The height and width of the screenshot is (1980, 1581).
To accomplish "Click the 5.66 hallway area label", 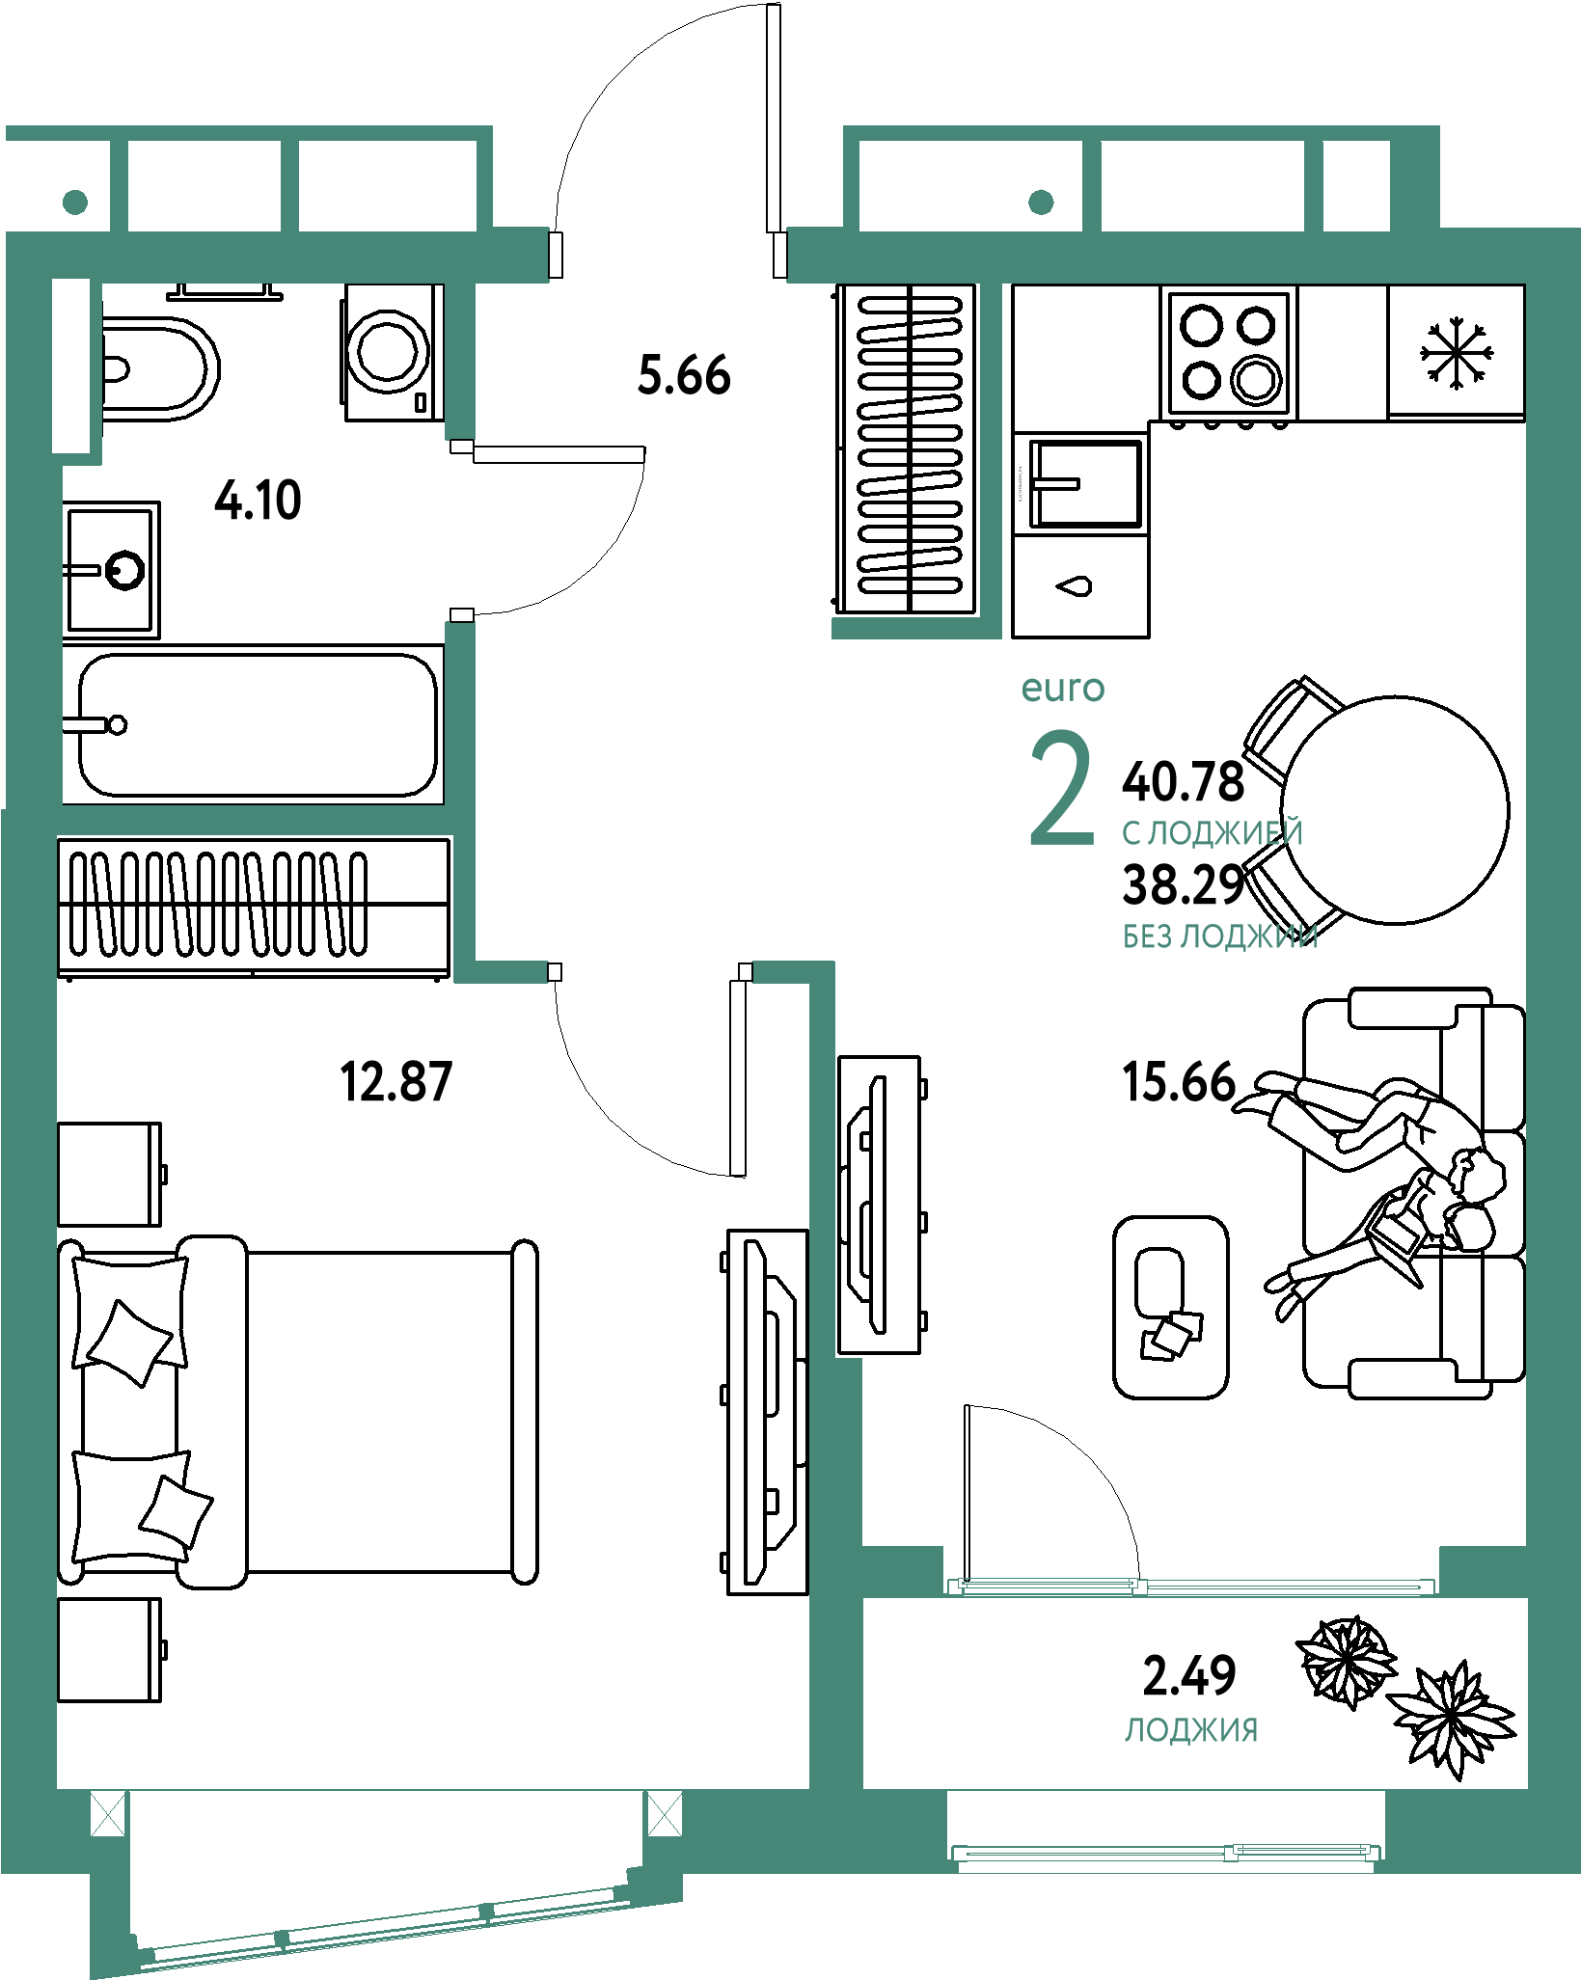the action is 684,375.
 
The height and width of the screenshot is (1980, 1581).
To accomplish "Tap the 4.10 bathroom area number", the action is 258,501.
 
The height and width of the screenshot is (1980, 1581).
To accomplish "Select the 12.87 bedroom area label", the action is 396,1081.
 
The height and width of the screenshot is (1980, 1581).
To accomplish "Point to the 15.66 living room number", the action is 1179,1081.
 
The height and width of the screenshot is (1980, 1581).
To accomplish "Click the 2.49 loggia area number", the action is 1189,1675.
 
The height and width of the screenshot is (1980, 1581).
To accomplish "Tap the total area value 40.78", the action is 1184,781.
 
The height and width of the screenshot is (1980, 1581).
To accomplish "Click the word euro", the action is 1063,689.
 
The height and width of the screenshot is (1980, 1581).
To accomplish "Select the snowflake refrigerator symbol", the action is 1457,354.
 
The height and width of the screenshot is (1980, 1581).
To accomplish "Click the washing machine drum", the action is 388,348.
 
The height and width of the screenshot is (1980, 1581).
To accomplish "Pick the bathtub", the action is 254,724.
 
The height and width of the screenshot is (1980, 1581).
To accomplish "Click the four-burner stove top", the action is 1230,352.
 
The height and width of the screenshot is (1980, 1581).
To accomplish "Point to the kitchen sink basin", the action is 1085,483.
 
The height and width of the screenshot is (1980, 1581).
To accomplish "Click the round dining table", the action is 1395,810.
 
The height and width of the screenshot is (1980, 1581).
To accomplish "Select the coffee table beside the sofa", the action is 1171,1307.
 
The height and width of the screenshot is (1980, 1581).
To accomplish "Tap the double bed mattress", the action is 379,1412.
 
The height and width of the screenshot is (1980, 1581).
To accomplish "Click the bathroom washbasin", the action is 112,569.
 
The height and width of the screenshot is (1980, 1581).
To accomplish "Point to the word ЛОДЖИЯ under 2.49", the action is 1191,1730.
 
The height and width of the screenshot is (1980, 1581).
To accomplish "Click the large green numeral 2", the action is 1062,788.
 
